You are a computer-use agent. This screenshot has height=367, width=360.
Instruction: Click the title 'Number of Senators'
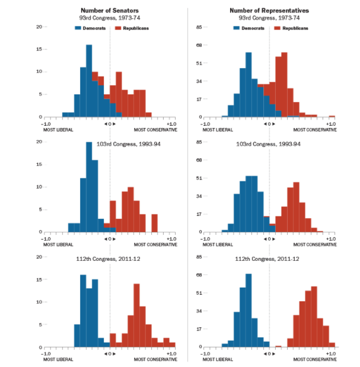click(x=109, y=11)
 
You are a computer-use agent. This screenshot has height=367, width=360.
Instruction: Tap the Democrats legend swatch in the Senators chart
click(x=77, y=28)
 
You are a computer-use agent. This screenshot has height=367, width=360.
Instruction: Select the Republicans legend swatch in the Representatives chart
click(x=277, y=28)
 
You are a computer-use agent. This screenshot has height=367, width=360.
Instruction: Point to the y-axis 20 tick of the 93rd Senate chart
click(x=38, y=27)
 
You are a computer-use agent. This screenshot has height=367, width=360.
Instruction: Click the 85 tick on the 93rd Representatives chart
click(x=200, y=27)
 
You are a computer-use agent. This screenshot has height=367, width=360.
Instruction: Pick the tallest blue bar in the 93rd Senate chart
click(x=89, y=81)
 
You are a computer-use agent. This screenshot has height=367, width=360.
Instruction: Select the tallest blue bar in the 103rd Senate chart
click(x=89, y=187)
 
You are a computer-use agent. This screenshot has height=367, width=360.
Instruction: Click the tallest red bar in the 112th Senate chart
click(x=136, y=315)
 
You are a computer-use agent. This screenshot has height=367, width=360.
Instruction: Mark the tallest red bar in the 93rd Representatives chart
click(x=284, y=84)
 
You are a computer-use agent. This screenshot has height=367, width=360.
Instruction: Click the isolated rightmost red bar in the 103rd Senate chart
click(x=155, y=223)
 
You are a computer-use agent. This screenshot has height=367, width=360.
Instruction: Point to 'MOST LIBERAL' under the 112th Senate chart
click(x=58, y=359)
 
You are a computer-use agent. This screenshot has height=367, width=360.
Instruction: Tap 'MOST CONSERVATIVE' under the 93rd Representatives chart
click(x=315, y=129)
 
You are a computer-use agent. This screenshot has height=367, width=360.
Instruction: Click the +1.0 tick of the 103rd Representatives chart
click(x=331, y=238)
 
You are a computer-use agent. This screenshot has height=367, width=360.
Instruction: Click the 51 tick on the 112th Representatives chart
click(x=200, y=293)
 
